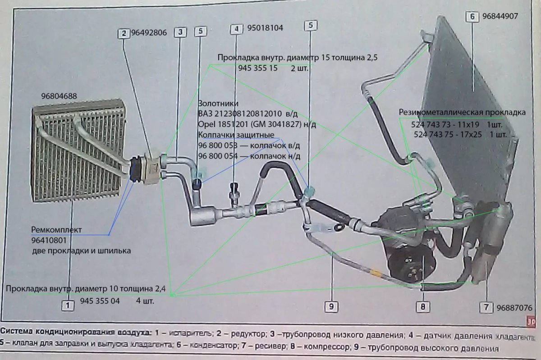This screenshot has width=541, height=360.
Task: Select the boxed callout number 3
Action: coord(180,32)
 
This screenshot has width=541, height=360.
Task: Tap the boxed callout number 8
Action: coord(423,307)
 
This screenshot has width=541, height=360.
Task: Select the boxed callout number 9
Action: coord(331,306)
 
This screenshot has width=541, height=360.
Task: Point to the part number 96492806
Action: coord(149,32)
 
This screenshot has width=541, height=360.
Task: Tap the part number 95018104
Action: coord(265,28)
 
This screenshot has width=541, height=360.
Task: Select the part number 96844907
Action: coord(500,16)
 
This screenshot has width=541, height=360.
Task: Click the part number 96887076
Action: coord(514,308)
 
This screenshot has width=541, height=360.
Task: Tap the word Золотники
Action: coord(215,103)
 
